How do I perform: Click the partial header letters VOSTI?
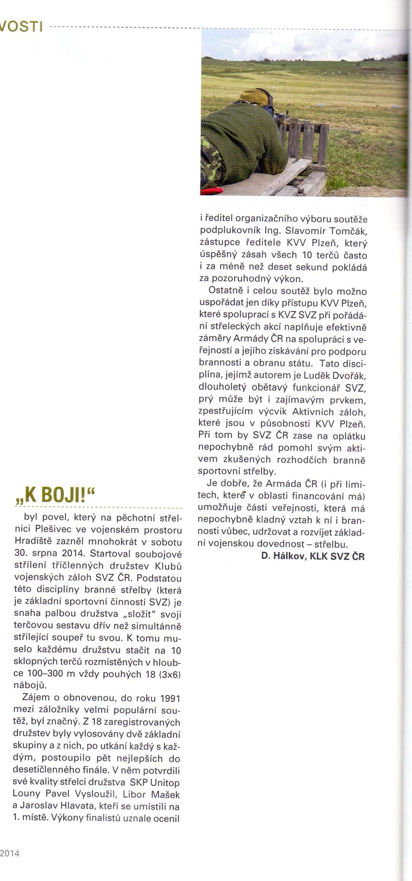click(x=21, y=27)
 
